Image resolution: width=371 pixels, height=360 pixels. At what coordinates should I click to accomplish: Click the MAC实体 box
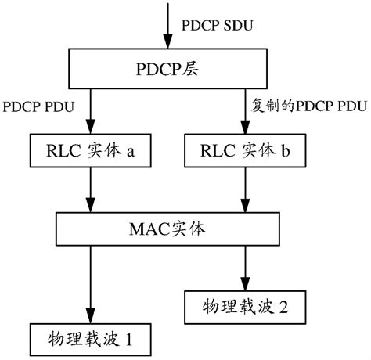pyautogui.click(x=167, y=229)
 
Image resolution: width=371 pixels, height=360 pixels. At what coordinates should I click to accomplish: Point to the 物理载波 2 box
pyautogui.click(x=240, y=304)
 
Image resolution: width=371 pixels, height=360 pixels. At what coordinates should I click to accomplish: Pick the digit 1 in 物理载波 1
pyautogui.click(x=130, y=340)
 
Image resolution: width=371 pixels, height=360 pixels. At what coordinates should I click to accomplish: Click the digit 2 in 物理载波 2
pyautogui.click(x=283, y=304)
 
